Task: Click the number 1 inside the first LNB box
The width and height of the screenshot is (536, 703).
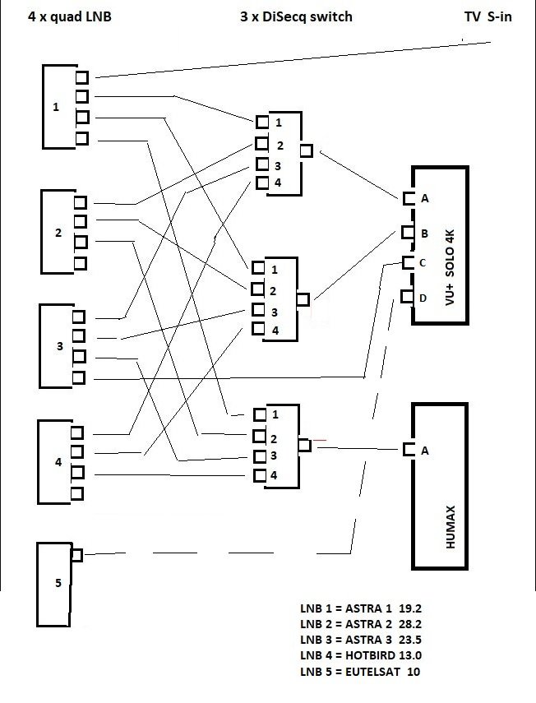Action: [x=56, y=107]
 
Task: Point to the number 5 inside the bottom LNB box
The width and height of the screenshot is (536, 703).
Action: [x=58, y=584]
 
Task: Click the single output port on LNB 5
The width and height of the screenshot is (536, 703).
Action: [x=76, y=555]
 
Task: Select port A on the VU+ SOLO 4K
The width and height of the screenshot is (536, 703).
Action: [x=409, y=198]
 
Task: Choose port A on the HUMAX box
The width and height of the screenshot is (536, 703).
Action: [x=409, y=450]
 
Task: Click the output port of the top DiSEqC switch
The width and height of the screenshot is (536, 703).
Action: [x=306, y=150]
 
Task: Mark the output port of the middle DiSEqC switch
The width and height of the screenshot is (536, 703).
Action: [x=303, y=300]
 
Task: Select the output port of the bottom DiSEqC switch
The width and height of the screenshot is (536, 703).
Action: [x=304, y=445]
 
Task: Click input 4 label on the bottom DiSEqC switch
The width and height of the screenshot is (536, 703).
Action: [x=275, y=475]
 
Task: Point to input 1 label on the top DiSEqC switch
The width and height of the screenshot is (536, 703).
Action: [x=280, y=123]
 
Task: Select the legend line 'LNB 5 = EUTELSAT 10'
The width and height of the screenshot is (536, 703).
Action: [x=360, y=672]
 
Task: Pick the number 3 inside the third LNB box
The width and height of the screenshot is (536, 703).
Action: [x=59, y=346]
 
